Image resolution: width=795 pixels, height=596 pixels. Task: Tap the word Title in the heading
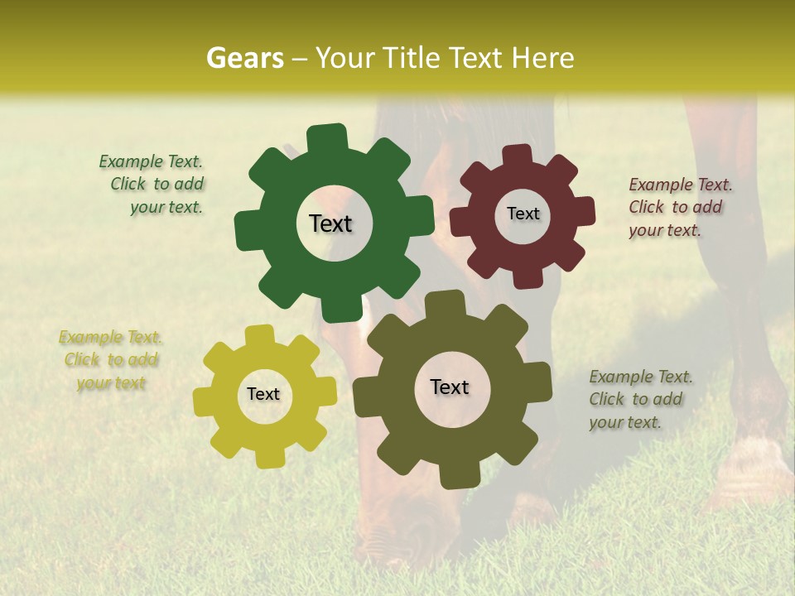click(x=411, y=58)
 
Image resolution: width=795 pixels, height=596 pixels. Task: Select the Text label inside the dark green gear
click(x=330, y=223)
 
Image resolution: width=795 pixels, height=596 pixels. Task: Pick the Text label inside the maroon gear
click(x=523, y=214)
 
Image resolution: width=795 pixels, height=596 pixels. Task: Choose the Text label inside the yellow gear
click(x=263, y=394)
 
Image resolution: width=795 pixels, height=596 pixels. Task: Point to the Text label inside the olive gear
click(x=450, y=387)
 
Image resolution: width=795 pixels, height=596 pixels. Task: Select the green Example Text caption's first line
click(x=151, y=161)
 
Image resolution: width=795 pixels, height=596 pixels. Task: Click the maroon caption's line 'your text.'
click(x=665, y=230)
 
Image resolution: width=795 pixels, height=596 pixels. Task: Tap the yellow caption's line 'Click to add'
click(x=111, y=359)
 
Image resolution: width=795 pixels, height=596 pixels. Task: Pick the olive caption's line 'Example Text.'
click(x=641, y=377)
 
